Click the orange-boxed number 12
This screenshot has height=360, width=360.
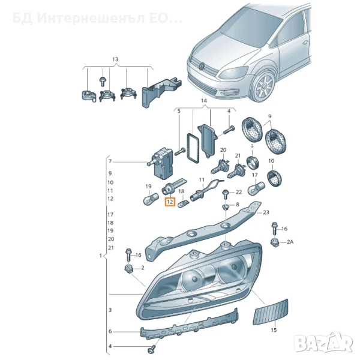(170, 202)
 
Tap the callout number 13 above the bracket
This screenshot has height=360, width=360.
(115, 59)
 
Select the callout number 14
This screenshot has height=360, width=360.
(204, 101)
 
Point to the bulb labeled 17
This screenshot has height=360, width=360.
(256, 188)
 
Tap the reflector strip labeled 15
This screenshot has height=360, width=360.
(271, 312)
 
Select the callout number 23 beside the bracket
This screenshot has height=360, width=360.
(266, 212)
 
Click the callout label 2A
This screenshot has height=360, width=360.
(290, 242)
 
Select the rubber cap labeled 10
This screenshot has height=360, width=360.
(275, 178)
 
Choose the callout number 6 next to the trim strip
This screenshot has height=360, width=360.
(110, 331)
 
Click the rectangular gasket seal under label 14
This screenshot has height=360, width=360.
(193, 148)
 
